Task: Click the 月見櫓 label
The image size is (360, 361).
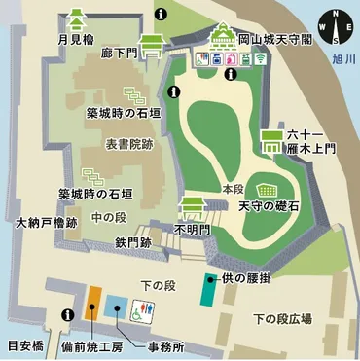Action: pos(75,40)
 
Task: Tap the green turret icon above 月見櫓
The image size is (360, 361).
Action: pos(75,17)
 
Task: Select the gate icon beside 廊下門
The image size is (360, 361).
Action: pos(153,45)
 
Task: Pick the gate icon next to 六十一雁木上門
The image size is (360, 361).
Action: pos(270,143)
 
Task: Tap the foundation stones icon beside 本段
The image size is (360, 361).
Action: pos(266,188)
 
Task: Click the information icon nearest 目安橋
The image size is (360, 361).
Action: pos(67,314)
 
